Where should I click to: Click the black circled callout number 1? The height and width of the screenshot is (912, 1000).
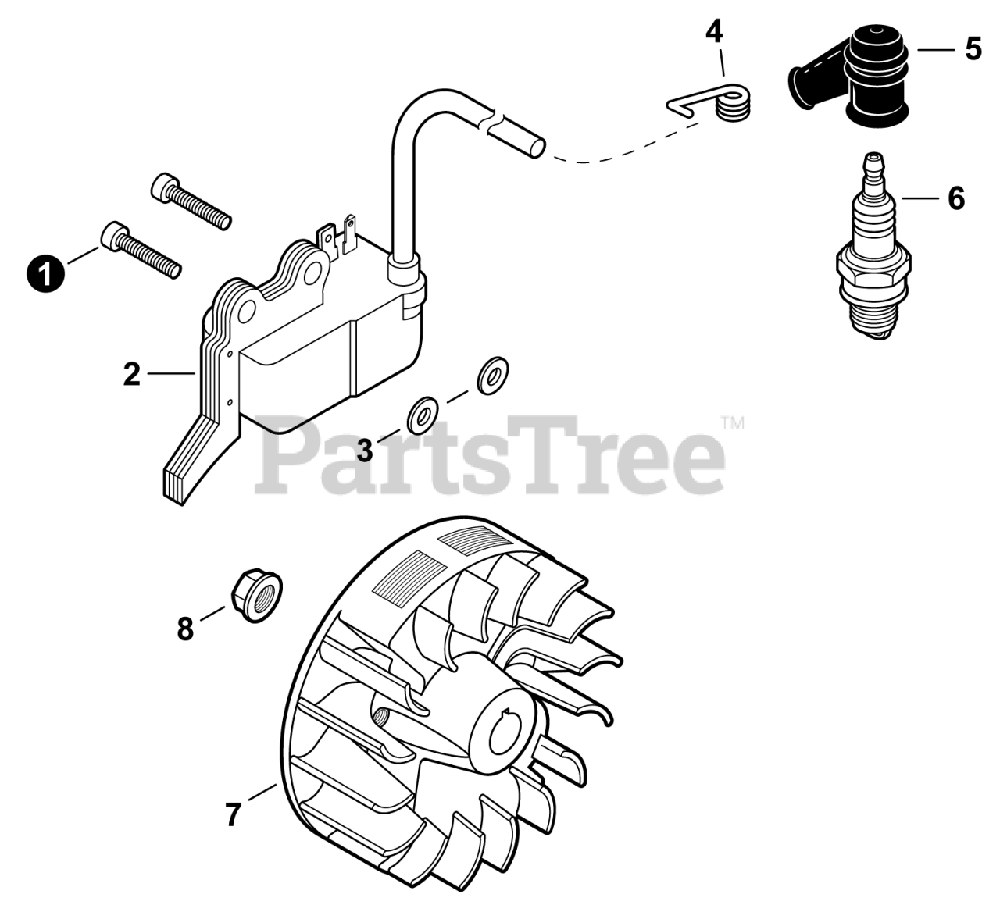click(45, 273)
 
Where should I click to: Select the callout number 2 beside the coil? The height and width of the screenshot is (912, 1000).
click(131, 374)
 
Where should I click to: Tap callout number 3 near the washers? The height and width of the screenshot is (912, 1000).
click(365, 451)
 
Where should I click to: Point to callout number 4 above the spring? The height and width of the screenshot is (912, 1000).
click(714, 33)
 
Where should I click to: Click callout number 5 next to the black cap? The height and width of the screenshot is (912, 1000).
click(973, 49)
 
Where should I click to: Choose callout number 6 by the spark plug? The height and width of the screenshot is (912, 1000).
click(956, 198)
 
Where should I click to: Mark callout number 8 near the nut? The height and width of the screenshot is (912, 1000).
click(185, 629)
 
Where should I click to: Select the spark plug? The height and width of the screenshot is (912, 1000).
click(874, 247)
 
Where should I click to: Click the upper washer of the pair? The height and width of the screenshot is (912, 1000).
click(492, 376)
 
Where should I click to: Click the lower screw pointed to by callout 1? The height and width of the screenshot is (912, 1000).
click(141, 249)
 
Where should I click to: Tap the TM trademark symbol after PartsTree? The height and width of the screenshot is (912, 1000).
click(732, 423)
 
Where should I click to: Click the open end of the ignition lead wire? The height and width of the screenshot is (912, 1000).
click(537, 148)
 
